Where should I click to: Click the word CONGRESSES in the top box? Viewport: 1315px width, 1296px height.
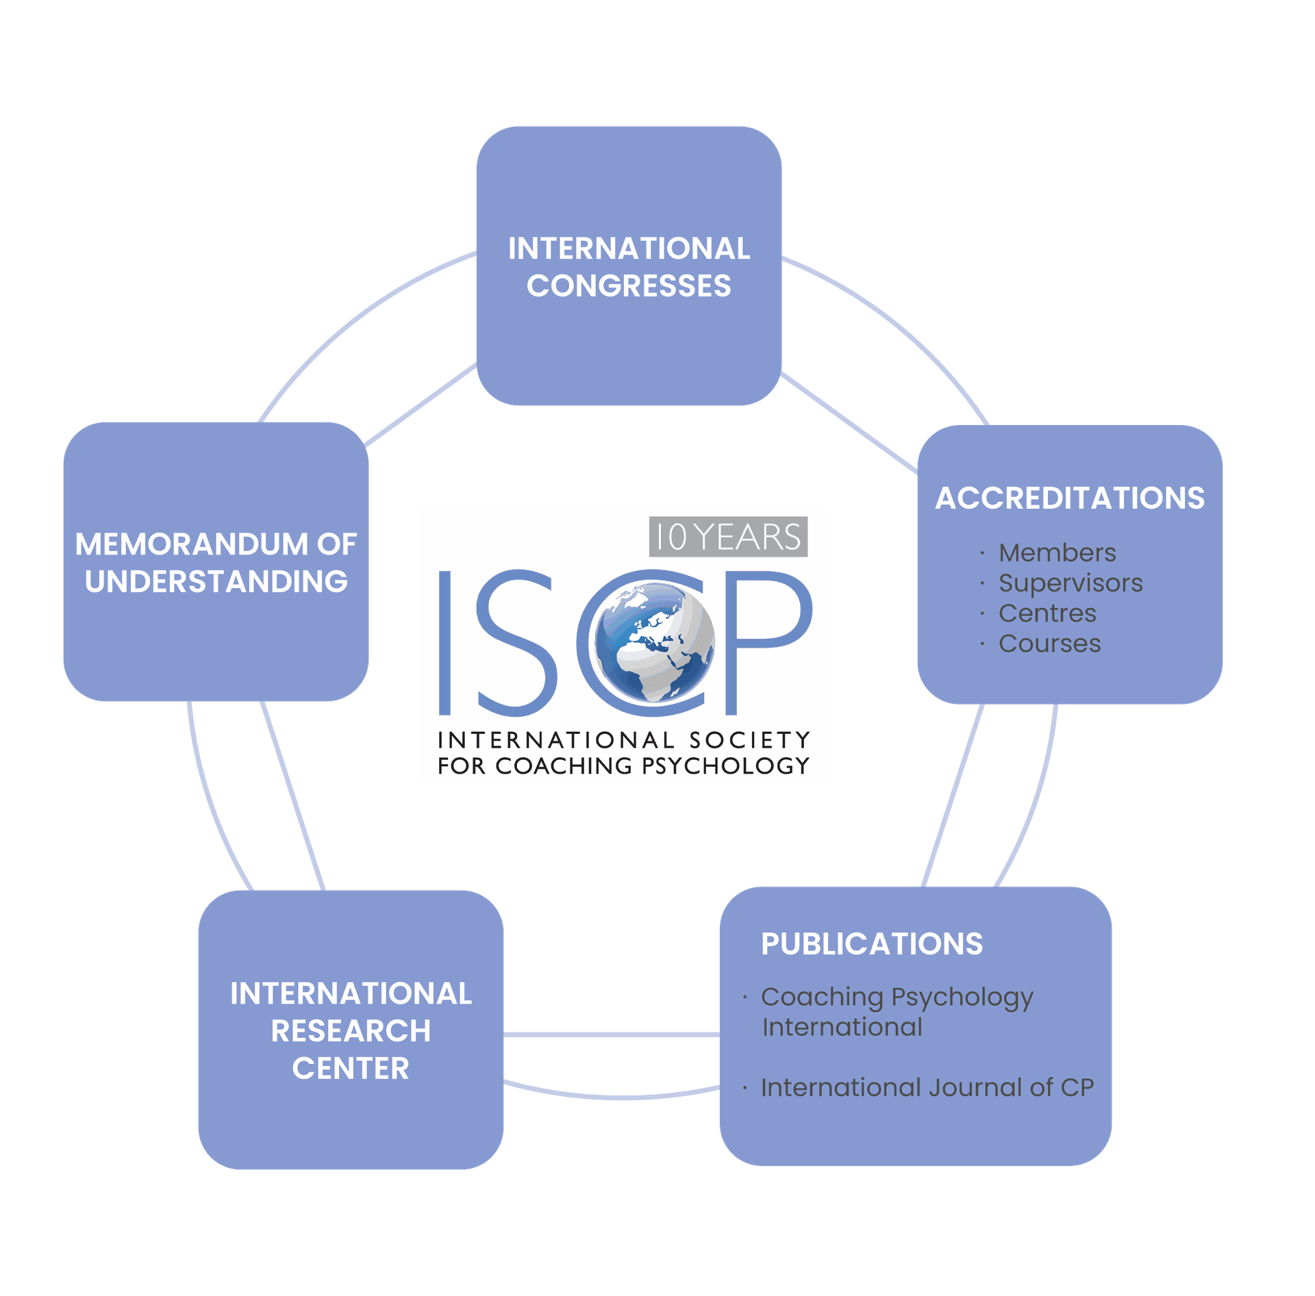click(629, 286)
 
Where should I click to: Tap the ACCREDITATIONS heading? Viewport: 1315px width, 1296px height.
click(1070, 498)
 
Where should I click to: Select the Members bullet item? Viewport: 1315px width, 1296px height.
click(1057, 552)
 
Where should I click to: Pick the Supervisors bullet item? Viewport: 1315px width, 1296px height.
click(1070, 583)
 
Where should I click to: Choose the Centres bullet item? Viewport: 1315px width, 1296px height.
click(1047, 613)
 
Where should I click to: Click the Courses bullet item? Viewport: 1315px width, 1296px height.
click(1049, 644)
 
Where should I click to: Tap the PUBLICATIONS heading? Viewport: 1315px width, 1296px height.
click(872, 944)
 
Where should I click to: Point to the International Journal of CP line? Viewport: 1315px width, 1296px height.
click(927, 1087)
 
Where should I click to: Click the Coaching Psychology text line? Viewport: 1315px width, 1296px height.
click(897, 998)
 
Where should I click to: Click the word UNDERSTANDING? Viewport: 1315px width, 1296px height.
click(216, 582)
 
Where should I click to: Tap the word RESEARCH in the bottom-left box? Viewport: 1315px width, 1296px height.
click(351, 1031)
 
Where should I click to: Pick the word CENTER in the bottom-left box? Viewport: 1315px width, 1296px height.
click(351, 1069)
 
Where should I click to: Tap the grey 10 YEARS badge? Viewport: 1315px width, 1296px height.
click(728, 537)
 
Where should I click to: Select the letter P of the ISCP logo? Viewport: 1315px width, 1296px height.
click(767, 642)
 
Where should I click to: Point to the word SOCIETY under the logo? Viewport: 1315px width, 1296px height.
click(749, 740)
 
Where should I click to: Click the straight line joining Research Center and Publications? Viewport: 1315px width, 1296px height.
click(612, 1034)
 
